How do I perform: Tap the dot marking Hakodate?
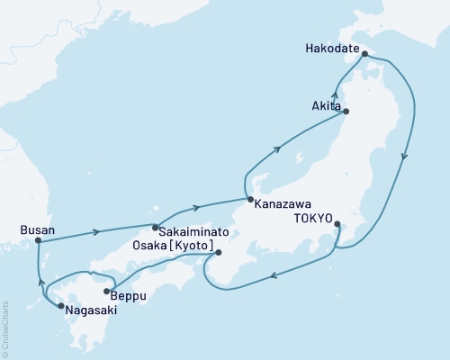[x=364, y=54]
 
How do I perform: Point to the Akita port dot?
[x=346, y=112]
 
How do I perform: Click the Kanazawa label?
[x=283, y=203]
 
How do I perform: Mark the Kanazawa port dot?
[x=247, y=200]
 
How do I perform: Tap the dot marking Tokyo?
[x=337, y=223]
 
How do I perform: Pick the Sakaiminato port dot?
[x=155, y=227]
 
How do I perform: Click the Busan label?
[x=37, y=230]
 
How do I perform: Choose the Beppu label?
[x=130, y=295]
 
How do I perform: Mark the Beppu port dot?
[x=107, y=291]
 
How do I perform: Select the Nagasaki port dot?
[x=59, y=307]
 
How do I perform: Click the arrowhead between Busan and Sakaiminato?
[x=95, y=233]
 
